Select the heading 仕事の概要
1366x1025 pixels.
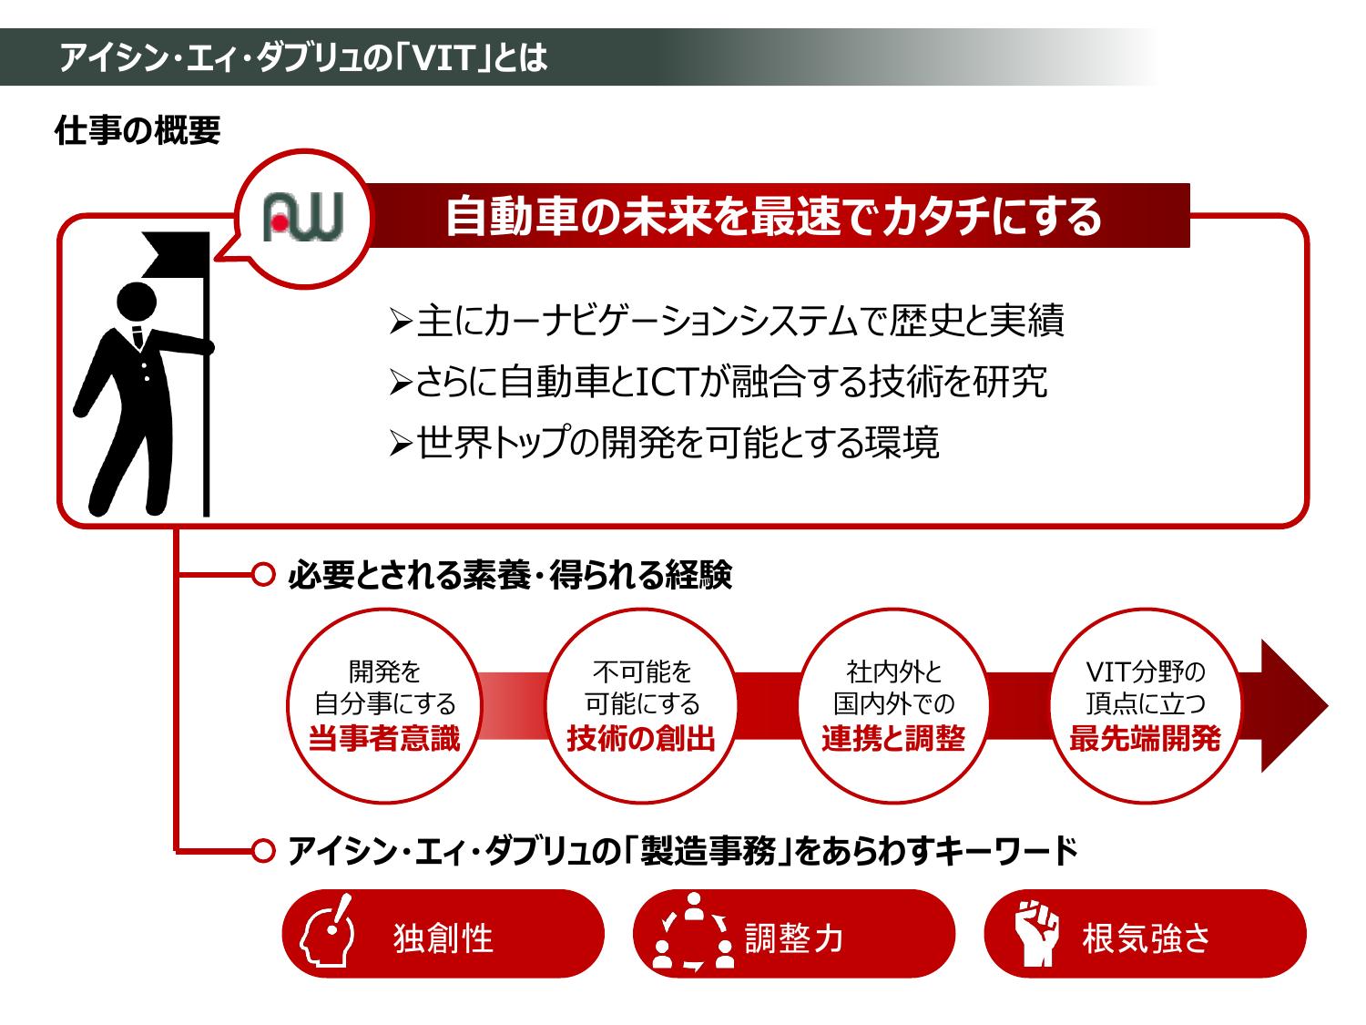coord(138,131)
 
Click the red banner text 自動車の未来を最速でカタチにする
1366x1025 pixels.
coord(773,217)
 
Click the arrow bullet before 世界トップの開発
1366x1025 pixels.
coord(401,445)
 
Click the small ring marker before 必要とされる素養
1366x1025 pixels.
coord(262,575)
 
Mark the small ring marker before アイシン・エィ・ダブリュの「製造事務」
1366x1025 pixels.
coord(262,851)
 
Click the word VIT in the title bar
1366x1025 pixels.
coord(443,59)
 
